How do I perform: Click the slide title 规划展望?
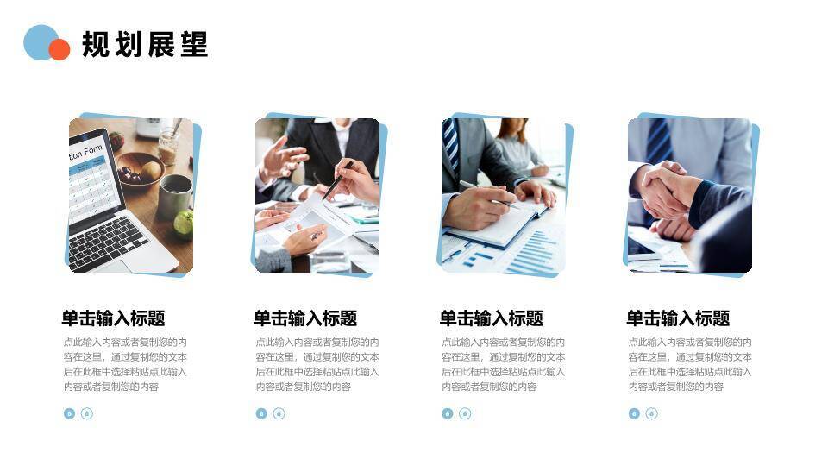click(x=145, y=45)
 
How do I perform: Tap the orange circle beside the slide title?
click(x=60, y=50)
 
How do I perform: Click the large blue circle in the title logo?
click(x=39, y=41)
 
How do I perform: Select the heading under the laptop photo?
click(x=113, y=318)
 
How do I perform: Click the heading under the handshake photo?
click(x=678, y=318)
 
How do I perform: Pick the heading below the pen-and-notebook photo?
click(x=492, y=318)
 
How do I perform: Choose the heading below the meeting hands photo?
click(x=305, y=318)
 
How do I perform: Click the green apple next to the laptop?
click(x=184, y=224)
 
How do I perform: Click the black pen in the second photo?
click(x=337, y=179)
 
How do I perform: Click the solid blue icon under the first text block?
click(x=70, y=413)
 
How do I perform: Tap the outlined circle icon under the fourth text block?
click(x=651, y=413)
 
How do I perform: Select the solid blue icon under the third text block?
click(x=448, y=413)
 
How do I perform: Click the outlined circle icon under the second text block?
click(x=279, y=413)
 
